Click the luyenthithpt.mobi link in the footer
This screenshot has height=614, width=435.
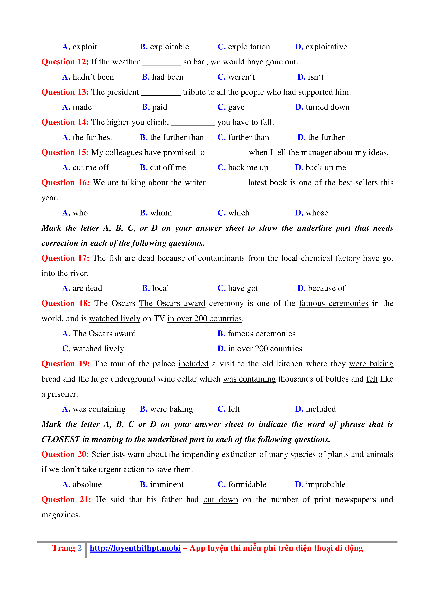[x=135, y=548]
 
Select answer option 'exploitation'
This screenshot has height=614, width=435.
[x=249, y=47]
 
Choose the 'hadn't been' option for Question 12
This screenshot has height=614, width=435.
[x=93, y=77]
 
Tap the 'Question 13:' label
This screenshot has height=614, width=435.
[x=65, y=92]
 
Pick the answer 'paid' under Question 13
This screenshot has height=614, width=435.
[x=159, y=107]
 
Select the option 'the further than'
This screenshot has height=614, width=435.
[x=177, y=137]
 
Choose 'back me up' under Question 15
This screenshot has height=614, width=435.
[x=248, y=168]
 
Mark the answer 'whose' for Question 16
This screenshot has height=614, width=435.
[x=317, y=213]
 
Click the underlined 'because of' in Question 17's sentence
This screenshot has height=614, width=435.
[x=176, y=258]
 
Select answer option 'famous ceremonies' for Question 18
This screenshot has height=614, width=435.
[x=261, y=334]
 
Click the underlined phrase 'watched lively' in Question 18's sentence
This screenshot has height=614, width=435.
[x=115, y=319]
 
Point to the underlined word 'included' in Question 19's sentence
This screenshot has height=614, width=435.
[x=193, y=364]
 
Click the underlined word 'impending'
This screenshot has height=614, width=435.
[x=201, y=455]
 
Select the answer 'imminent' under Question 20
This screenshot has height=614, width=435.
[x=167, y=485]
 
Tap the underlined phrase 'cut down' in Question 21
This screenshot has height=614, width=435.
[x=221, y=500]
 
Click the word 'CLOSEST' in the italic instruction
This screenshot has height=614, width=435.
[x=61, y=439]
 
